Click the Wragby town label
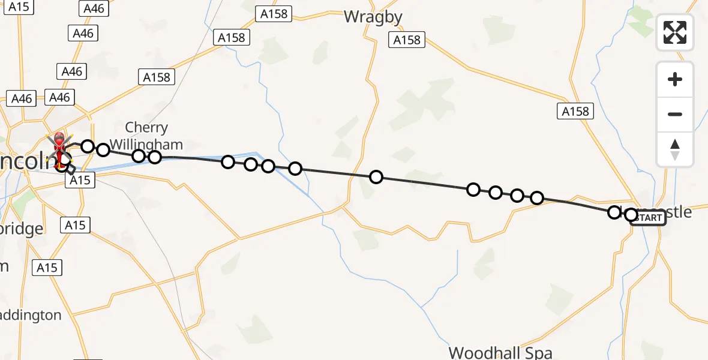pos(373,17)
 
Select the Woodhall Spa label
pos(500,352)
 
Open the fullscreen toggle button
pos(675,32)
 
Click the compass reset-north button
pos(675,150)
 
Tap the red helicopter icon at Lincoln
pos(60,148)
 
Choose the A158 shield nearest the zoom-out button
pos(575,111)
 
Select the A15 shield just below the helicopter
pos(79,180)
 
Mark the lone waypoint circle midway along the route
pos(376,177)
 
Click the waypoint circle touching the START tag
pos(631,214)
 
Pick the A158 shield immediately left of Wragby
pos(275,14)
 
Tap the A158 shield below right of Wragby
pos(407,40)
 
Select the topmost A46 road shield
pos(94,8)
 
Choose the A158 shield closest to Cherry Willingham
pos(157,77)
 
